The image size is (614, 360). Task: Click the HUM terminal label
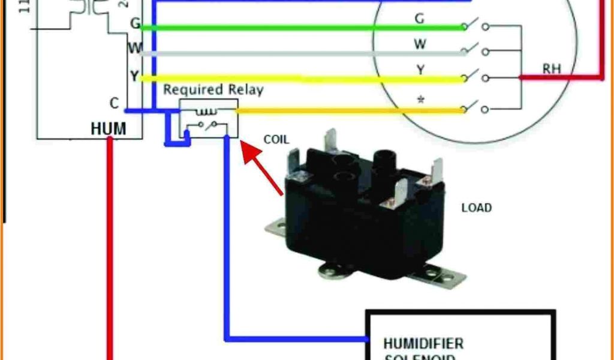(109, 128)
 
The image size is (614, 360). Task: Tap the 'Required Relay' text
(213, 90)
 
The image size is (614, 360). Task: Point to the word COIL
(276, 140)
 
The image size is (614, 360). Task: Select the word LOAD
(476, 208)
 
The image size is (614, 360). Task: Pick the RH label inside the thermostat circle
(551, 69)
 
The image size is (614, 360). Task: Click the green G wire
(300, 27)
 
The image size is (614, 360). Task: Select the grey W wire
(300, 53)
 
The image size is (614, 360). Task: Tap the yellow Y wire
(300, 79)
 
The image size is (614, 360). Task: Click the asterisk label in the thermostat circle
(420, 99)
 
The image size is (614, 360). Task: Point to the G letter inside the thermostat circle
(420, 19)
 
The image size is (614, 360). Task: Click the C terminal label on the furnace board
(114, 103)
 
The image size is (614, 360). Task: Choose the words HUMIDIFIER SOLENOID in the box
(423, 349)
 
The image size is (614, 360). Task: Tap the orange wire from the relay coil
(348, 110)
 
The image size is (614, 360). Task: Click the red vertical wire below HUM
(110, 252)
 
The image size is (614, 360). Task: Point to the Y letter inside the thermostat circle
(420, 70)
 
